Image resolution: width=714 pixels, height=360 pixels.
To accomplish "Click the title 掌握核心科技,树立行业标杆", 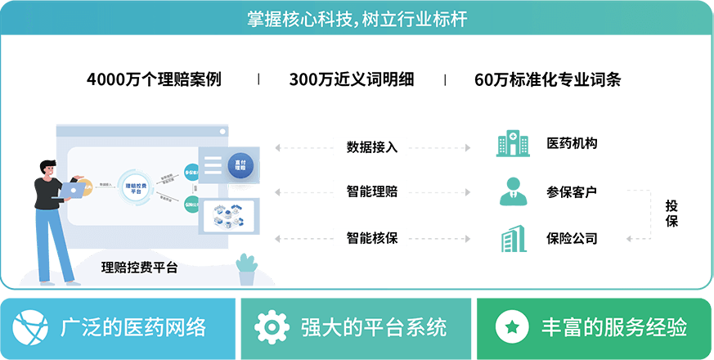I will pyautogui.click(x=357, y=18).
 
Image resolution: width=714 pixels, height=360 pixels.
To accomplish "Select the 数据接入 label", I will pyautogui.click(x=370, y=147).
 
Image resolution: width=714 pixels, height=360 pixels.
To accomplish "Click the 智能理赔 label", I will pyautogui.click(x=370, y=191).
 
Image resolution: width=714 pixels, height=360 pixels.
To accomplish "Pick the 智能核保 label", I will pyautogui.click(x=370, y=238).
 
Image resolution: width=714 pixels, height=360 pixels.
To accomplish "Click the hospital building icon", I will pyautogui.click(x=513, y=144).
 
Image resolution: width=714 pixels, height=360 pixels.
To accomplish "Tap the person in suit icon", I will pyautogui.click(x=513, y=191).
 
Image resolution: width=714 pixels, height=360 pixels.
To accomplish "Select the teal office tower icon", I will pyautogui.click(x=513, y=238).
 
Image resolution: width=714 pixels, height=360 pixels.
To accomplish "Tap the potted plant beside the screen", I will pyautogui.click(x=245, y=269).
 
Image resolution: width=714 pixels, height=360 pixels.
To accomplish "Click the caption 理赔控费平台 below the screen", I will pyautogui.click(x=139, y=267).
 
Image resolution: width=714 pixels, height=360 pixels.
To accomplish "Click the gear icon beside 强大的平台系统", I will pyautogui.click(x=271, y=328).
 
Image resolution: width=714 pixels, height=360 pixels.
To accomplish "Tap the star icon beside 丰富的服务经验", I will pyautogui.click(x=511, y=328).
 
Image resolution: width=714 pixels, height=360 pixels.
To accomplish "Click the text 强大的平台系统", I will pyautogui.click(x=374, y=328).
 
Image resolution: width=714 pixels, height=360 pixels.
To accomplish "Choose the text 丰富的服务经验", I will pyautogui.click(x=613, y=328).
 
